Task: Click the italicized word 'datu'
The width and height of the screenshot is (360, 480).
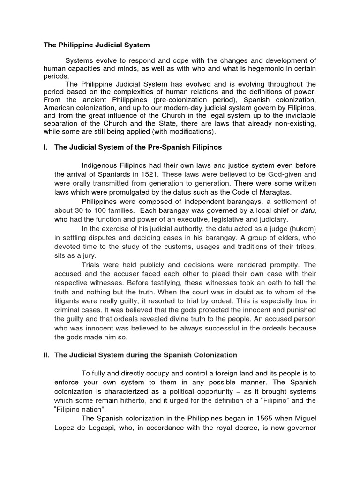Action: pyautogui.click(x=308, y=211)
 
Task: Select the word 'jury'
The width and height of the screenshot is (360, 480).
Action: pyautogui.click(x=89, y=256)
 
